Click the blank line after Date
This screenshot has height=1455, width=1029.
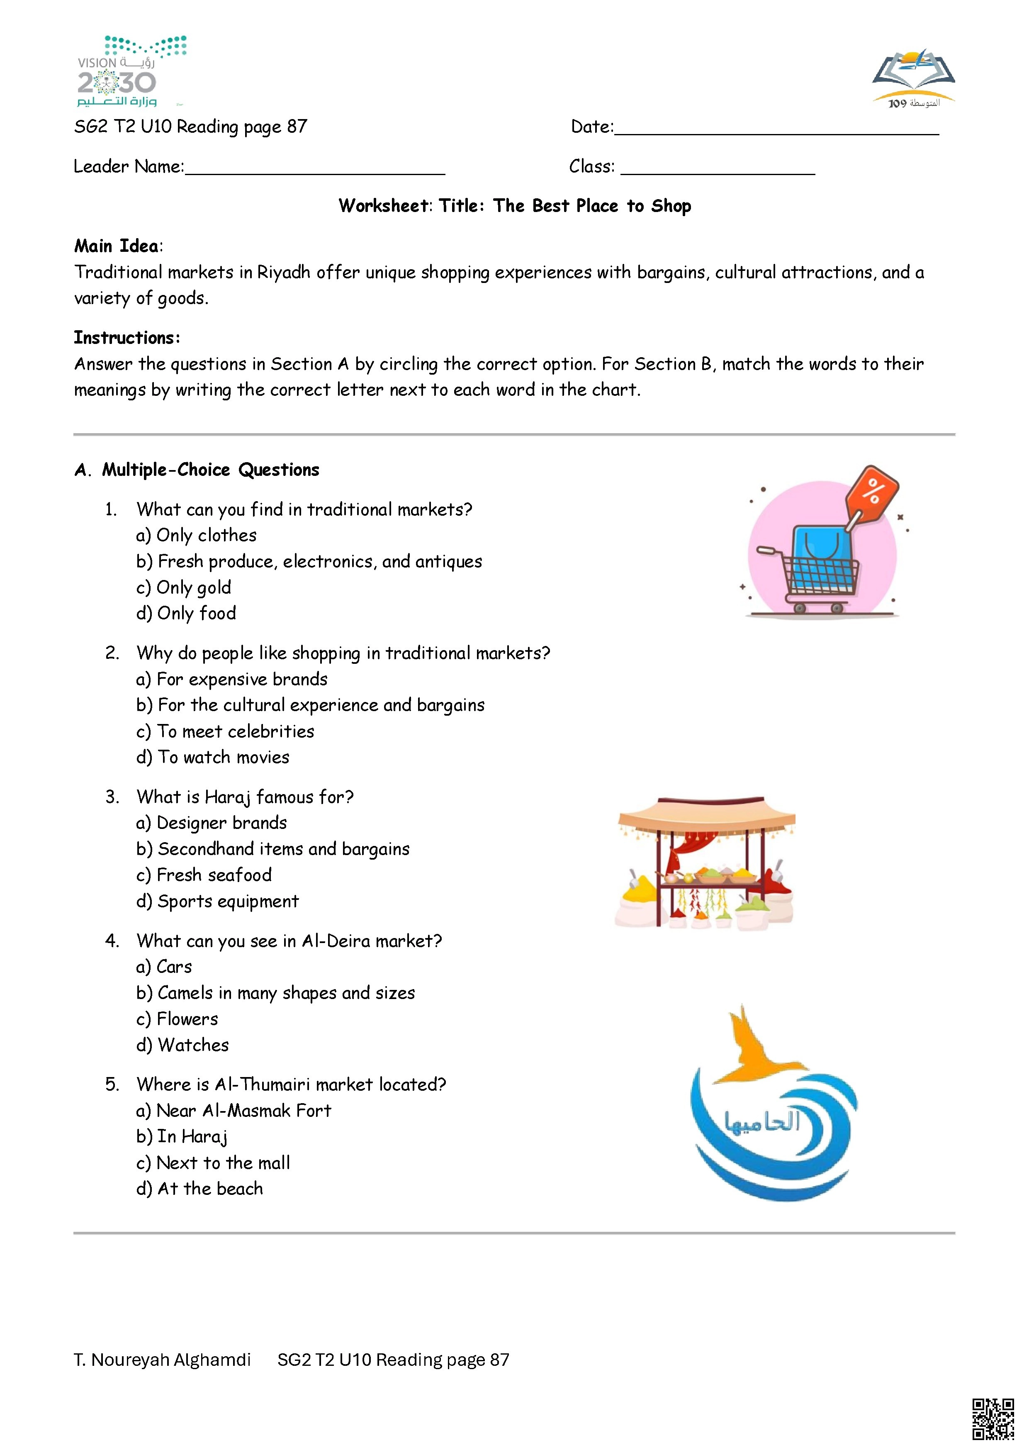point(776,130)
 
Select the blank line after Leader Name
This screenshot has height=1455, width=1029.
point(315,169)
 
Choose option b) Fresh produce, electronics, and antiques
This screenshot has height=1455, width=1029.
point(309,561)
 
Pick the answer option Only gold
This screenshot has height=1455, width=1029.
point(184,587)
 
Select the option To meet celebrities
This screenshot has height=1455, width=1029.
point(226,731)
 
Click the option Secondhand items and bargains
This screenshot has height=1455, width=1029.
point(273,849)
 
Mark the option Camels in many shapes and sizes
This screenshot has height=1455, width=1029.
point(276,993)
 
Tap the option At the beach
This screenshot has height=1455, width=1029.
point(199,1189)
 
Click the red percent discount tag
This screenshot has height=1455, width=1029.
point(873,492)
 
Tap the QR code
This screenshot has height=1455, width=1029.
point(993,1419)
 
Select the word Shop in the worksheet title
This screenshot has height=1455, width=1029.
point(671,206)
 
